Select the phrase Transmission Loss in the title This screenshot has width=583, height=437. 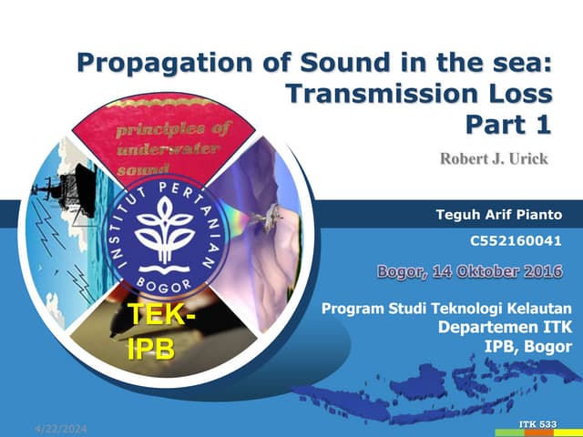point(419,93)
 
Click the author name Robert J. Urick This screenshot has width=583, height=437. point(494,159)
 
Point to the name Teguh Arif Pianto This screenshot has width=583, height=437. point(500,215)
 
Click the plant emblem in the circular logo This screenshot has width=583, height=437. point(165,228)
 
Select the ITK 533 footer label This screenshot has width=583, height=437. point(537,426)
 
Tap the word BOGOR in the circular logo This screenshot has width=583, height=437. point(165,285)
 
